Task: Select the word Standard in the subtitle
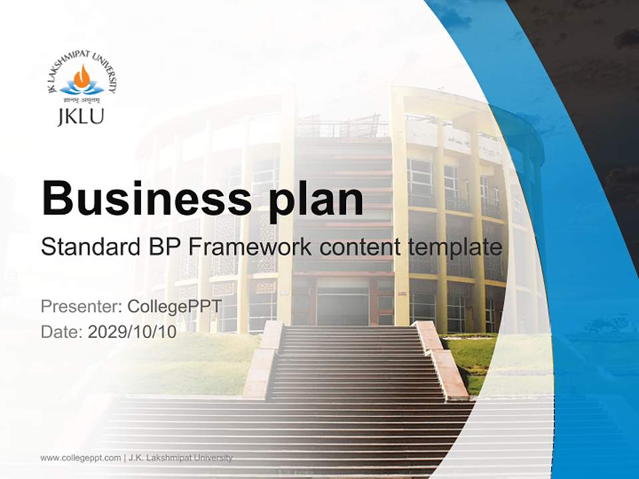pos(89,247)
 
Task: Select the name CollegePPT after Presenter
pos(174,307)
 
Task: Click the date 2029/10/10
pos(132,332)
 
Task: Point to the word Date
pos(61,332)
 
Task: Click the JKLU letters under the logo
pos(81,117)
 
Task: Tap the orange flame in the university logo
pos(81,77)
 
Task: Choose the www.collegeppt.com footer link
pos(81,458)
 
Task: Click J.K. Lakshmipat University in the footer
pos(180,458)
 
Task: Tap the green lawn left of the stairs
pos(200,359)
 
